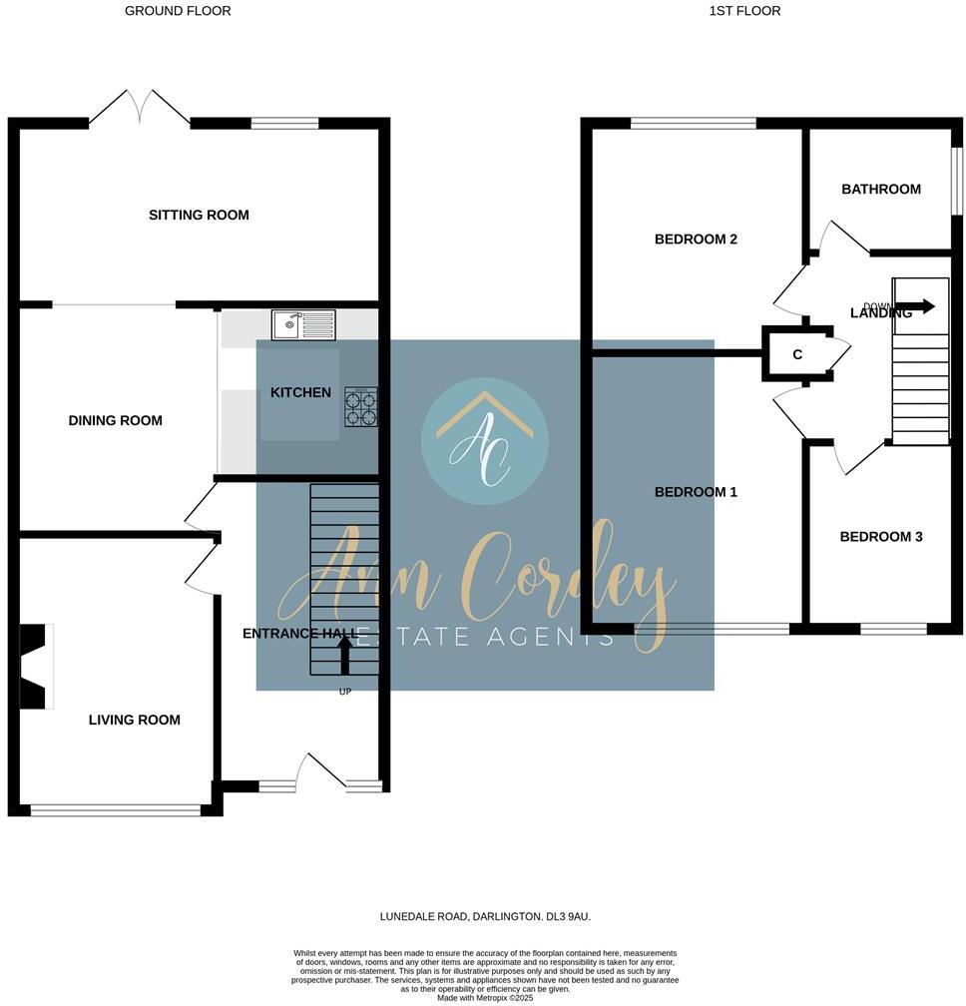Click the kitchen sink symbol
point(303,323)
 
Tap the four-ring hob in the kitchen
point(360,407)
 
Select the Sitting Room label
point(199,215)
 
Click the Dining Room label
point(115,420)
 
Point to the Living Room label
point(135,720)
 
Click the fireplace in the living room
point(35,668)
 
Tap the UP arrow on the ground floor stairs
point(345,656)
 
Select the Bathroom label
point(880,189)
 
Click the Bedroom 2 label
point(696,239)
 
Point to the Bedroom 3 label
point(880,536)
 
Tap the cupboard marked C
point(797,354)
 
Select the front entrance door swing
point(321,770)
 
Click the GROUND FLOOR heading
point(178,11)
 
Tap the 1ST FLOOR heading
point(744,11)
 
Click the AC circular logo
point(485,440)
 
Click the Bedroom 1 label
point(696,492)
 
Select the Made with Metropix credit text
point(484,997)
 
